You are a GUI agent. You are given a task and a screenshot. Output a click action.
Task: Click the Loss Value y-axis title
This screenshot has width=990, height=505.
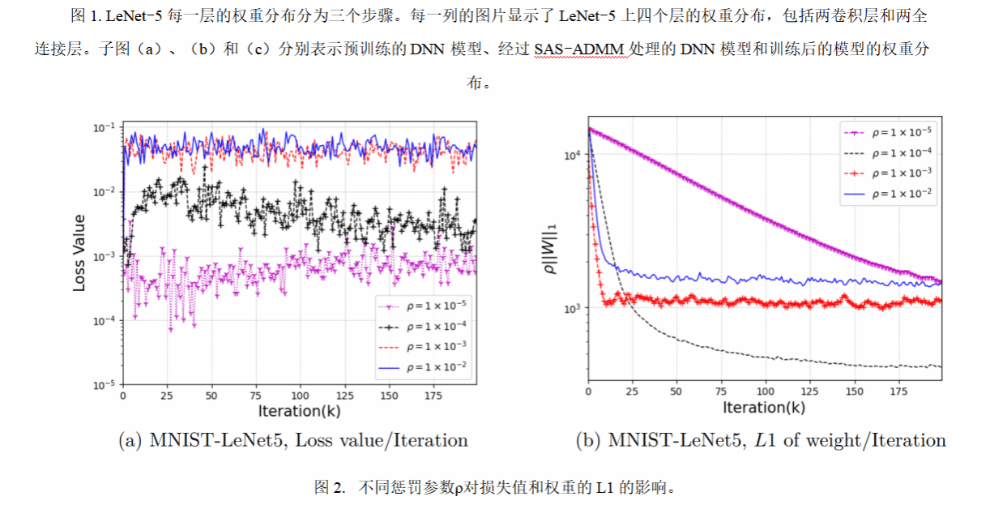(79, 253)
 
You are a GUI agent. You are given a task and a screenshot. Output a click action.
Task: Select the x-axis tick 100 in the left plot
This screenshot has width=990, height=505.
(300, 396)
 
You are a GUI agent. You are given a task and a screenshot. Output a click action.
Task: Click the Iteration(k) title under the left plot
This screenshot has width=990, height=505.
(299, 411)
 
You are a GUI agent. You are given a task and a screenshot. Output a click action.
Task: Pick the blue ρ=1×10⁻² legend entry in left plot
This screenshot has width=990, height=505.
(423, 366)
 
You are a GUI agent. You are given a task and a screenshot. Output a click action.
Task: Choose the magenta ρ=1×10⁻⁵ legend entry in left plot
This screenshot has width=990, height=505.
(423, 306)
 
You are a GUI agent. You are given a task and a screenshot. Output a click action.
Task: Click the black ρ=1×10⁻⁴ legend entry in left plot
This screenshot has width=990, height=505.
(423, 326)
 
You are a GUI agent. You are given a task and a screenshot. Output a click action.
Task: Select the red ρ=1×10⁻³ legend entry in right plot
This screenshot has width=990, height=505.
(887, 173)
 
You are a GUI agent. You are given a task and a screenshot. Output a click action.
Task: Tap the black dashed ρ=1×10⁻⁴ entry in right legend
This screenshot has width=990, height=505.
(887, 152)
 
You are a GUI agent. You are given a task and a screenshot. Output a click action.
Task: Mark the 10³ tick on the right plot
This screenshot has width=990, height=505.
(572, 309)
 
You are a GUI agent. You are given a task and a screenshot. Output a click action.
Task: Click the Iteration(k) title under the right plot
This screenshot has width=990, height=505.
(764, 408)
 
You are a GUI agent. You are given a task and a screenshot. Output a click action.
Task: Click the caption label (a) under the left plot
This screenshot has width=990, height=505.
(131, 441)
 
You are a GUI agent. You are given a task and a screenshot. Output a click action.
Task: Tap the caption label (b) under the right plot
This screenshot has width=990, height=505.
(588, 441)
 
